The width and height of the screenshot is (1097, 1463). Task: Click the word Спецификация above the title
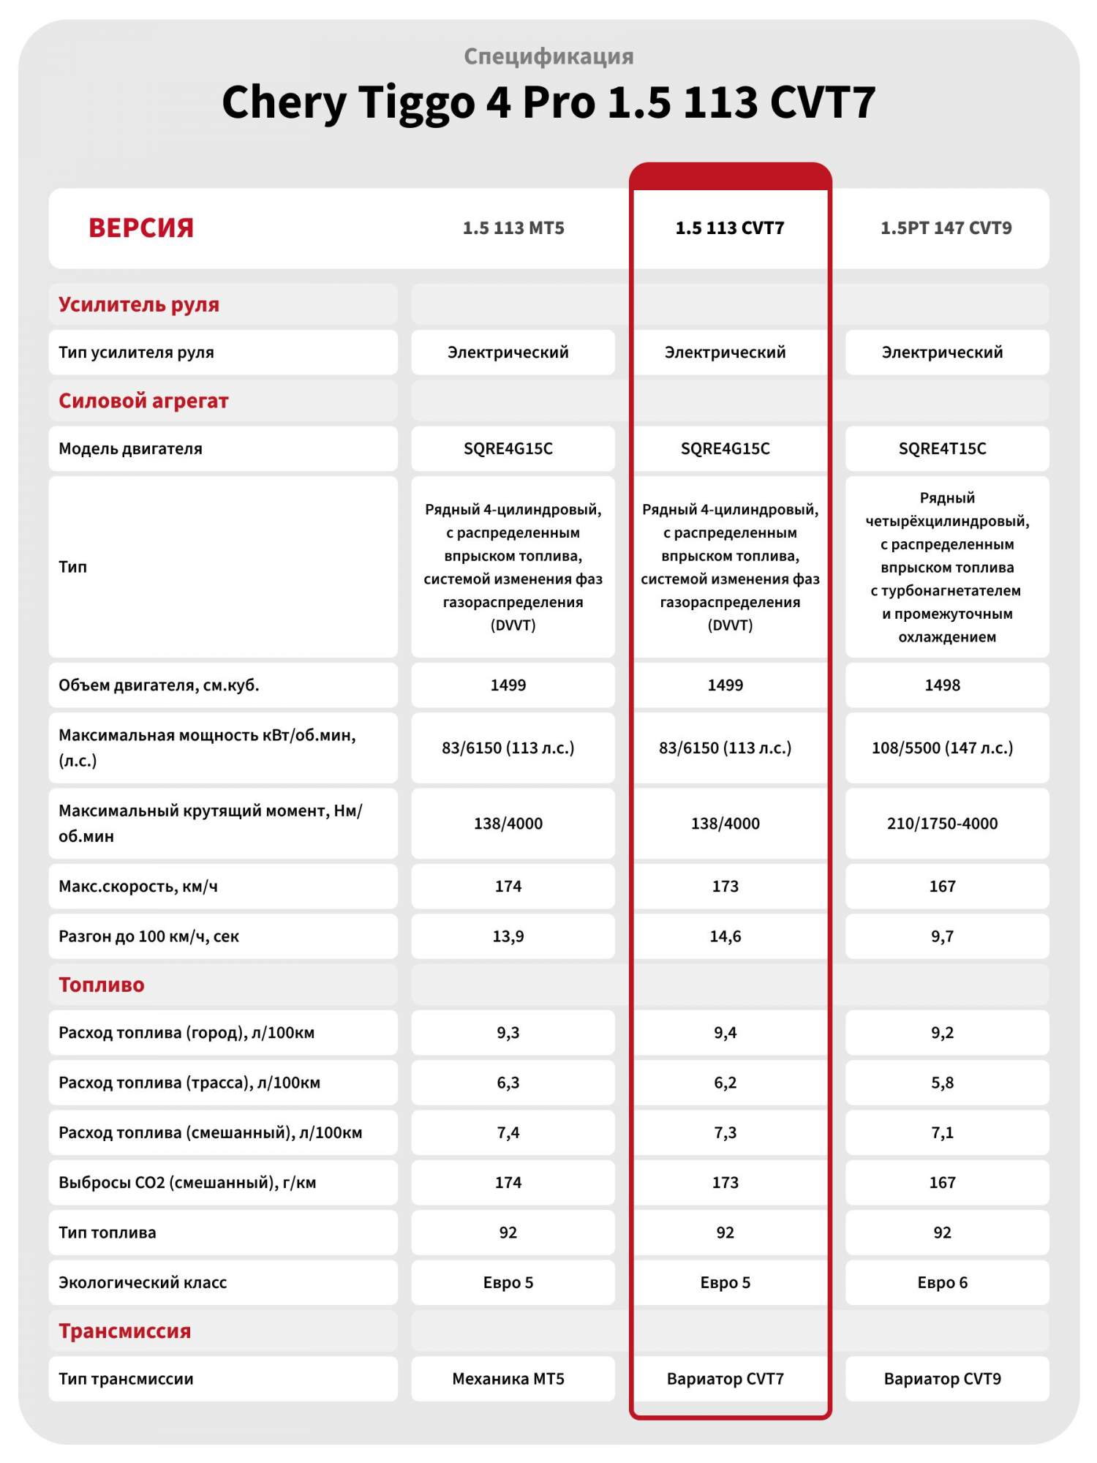click(x=548, y=56)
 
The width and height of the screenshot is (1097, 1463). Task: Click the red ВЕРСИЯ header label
click(x=141, y=228)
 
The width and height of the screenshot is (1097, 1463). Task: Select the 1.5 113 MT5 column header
click(x=513, y=228)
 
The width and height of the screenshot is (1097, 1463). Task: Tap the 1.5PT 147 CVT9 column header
click(x=946, y=228)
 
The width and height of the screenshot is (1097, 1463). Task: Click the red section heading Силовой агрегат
click(x=143, y=401)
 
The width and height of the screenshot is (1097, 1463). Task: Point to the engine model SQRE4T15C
click(x=942, y=448)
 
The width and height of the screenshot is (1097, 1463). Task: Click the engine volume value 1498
click(x=942, y=685)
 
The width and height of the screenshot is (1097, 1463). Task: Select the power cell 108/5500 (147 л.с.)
click(x=942, y=748)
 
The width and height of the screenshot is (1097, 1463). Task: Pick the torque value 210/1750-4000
click(x=942, y=824)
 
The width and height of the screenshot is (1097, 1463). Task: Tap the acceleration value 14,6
click(x=725, y=936)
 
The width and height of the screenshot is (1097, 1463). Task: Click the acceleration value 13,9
click(x=508, y=936)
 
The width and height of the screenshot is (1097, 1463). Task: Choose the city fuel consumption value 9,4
click(x=725, y=1033)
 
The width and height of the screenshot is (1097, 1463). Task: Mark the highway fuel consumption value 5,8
click(x=942, y=1083)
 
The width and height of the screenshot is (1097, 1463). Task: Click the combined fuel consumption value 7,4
click(x=508, y=1133)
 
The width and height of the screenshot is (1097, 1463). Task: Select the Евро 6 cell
click(x=942, y=1282)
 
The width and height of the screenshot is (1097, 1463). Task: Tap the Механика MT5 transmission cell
click(x=508, y=1379)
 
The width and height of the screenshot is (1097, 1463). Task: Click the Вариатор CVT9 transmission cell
click(x=942, y=1379)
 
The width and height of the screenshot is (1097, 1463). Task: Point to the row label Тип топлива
click(x=108, y=1233)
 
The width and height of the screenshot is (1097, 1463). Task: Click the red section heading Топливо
click(x=102, y=985)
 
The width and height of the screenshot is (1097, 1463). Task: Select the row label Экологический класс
click(x=143, y=1282)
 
